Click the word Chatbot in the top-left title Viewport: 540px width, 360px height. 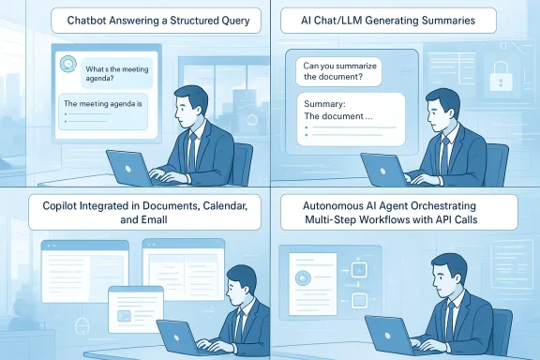pyautogui.click(x=91, y=21)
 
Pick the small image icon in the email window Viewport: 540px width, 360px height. pyautogui.click(x=124, y=314)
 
